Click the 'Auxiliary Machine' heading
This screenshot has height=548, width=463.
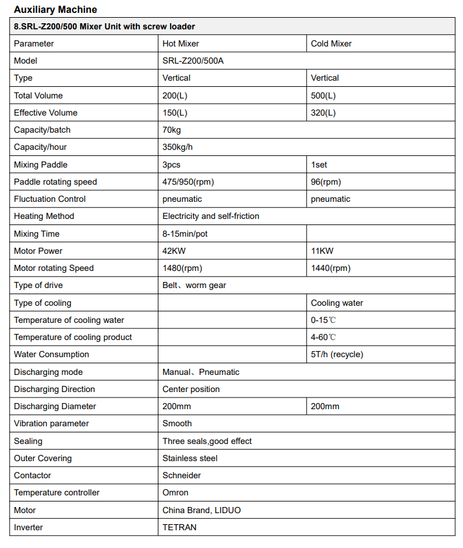click(55, 10)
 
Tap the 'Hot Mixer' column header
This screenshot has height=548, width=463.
click(180, 43)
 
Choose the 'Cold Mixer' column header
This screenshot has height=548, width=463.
click(331, 43)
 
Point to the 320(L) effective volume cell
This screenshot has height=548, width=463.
click(323, 113)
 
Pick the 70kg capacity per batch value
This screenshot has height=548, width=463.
click(172, 130)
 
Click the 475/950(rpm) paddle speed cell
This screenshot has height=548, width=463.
click(188, 182)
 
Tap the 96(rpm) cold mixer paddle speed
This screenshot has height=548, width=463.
click(325, 182)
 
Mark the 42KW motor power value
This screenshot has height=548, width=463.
click(174, 251)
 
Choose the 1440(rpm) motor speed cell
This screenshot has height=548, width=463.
click(330, 268)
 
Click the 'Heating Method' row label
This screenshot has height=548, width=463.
click(44, 216)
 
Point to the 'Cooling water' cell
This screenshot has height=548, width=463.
click(337, 303)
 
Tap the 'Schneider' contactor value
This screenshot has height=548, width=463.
click(182, 475)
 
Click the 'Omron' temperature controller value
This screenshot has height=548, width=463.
click(176, 492)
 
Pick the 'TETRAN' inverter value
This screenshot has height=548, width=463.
click(179, 527)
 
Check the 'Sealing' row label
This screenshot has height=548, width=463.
click(28, 441)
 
